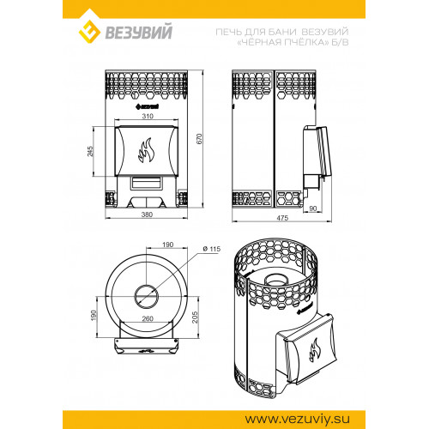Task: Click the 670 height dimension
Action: point(199,139)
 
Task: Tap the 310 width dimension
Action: point(148,116)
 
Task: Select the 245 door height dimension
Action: point(90,152)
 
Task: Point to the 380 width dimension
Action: point(147,214)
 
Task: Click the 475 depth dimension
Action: point(282,218)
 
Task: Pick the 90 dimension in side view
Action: point(313,208)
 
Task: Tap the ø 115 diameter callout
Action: point(212,249)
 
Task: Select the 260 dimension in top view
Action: point(148,318)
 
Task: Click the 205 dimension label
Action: point(195,317)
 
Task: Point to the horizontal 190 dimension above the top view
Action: point(167,245)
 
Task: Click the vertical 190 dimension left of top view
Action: point(94,315)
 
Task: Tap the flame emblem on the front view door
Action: point(146,150)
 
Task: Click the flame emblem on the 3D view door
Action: point(314,350)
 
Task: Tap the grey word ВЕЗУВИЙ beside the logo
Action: point(139,32)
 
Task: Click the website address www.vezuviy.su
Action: point(297,420)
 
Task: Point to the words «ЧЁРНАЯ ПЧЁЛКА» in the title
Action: point(283,42)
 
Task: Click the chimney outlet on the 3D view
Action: point(276,280)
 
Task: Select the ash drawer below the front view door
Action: point(146,183)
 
